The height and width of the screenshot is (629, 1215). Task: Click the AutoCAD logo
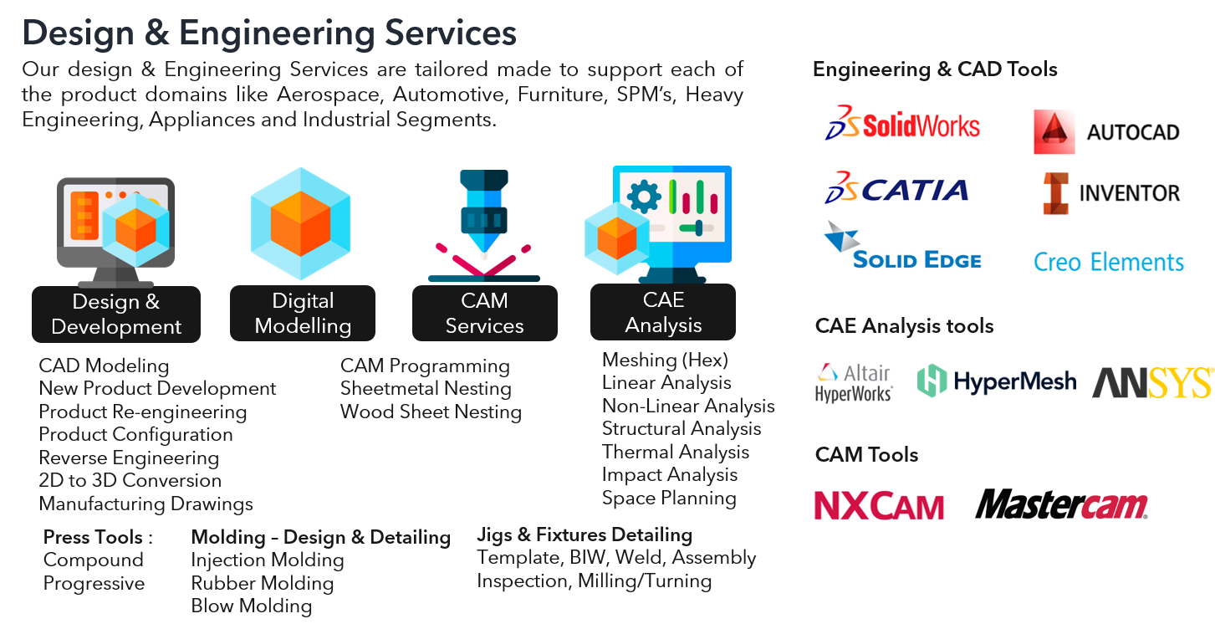[1107, 133]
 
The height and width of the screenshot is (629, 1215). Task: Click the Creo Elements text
[1109, 261]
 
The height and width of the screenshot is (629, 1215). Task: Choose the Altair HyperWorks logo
[854, 383]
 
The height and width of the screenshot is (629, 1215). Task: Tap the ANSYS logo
[1152, 382]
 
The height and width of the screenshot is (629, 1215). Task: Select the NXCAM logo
[878, 504]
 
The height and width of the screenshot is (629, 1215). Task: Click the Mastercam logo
[1060, 504]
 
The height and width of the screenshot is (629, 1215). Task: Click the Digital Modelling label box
[303, 314]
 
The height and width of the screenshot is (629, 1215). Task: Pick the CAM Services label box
[484, 314]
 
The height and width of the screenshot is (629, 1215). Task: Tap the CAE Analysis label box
[663, 313]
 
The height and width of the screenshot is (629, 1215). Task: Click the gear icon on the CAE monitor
[643, 197]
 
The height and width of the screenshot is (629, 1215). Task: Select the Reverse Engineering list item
[129, 458]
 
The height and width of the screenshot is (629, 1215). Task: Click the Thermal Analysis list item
[675, 452]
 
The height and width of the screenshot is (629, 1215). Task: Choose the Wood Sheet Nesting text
[431, 412]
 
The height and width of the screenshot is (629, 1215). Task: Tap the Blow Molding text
[251, 606]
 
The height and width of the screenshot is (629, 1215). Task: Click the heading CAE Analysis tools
[904, 326]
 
